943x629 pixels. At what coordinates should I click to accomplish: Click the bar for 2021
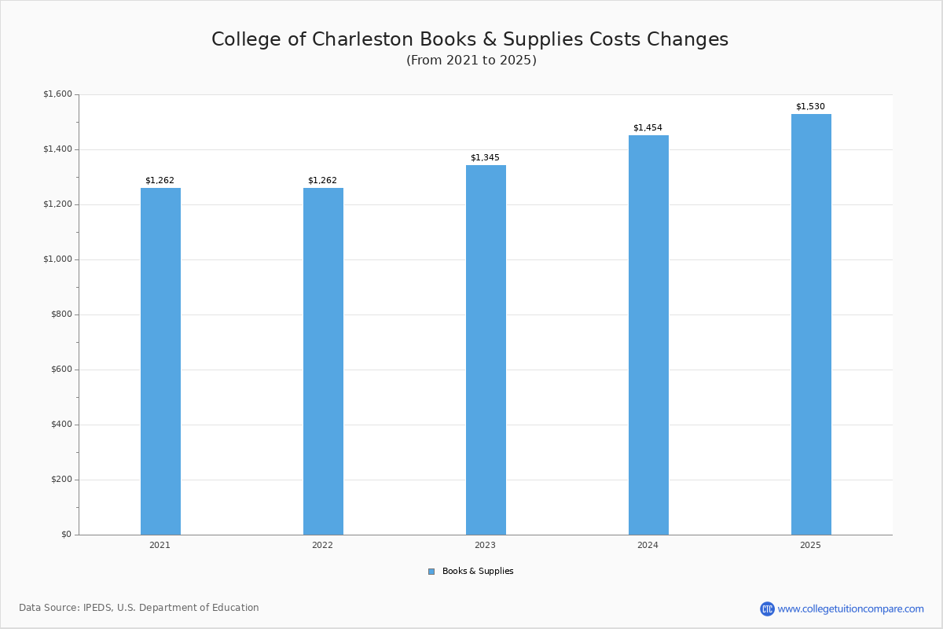[x=160, y=362]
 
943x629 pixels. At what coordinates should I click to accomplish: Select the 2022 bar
[x=323, y=362]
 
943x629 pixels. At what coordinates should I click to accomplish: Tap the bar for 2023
[x=486, y=350]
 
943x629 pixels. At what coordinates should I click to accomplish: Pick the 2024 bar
[x=648, y=335]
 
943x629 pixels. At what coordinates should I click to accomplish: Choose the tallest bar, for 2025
[x=811, y=324]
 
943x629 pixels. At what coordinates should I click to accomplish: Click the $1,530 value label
[x=810, y=107]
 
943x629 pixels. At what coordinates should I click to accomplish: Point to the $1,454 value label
[x=648, y=128]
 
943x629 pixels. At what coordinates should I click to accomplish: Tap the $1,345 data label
[x=485, y=158]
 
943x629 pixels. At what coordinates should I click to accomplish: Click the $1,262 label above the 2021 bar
[x=160, y=181]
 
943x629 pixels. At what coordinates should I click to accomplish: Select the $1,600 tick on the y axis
[x=57, y=94]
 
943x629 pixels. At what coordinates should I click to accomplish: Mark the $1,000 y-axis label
[x=57, y=259]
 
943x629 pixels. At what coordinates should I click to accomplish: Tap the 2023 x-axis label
[x=485, y=545]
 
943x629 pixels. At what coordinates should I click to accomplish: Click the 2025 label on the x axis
[x=810, y=545]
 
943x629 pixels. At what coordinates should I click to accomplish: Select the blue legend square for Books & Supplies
[x=431, y=572]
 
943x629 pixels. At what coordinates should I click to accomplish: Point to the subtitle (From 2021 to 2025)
[x=472, y=61]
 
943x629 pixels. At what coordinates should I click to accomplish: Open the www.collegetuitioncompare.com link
[x=850, y=609]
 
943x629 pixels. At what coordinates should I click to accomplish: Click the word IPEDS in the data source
[x=97, y=608]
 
